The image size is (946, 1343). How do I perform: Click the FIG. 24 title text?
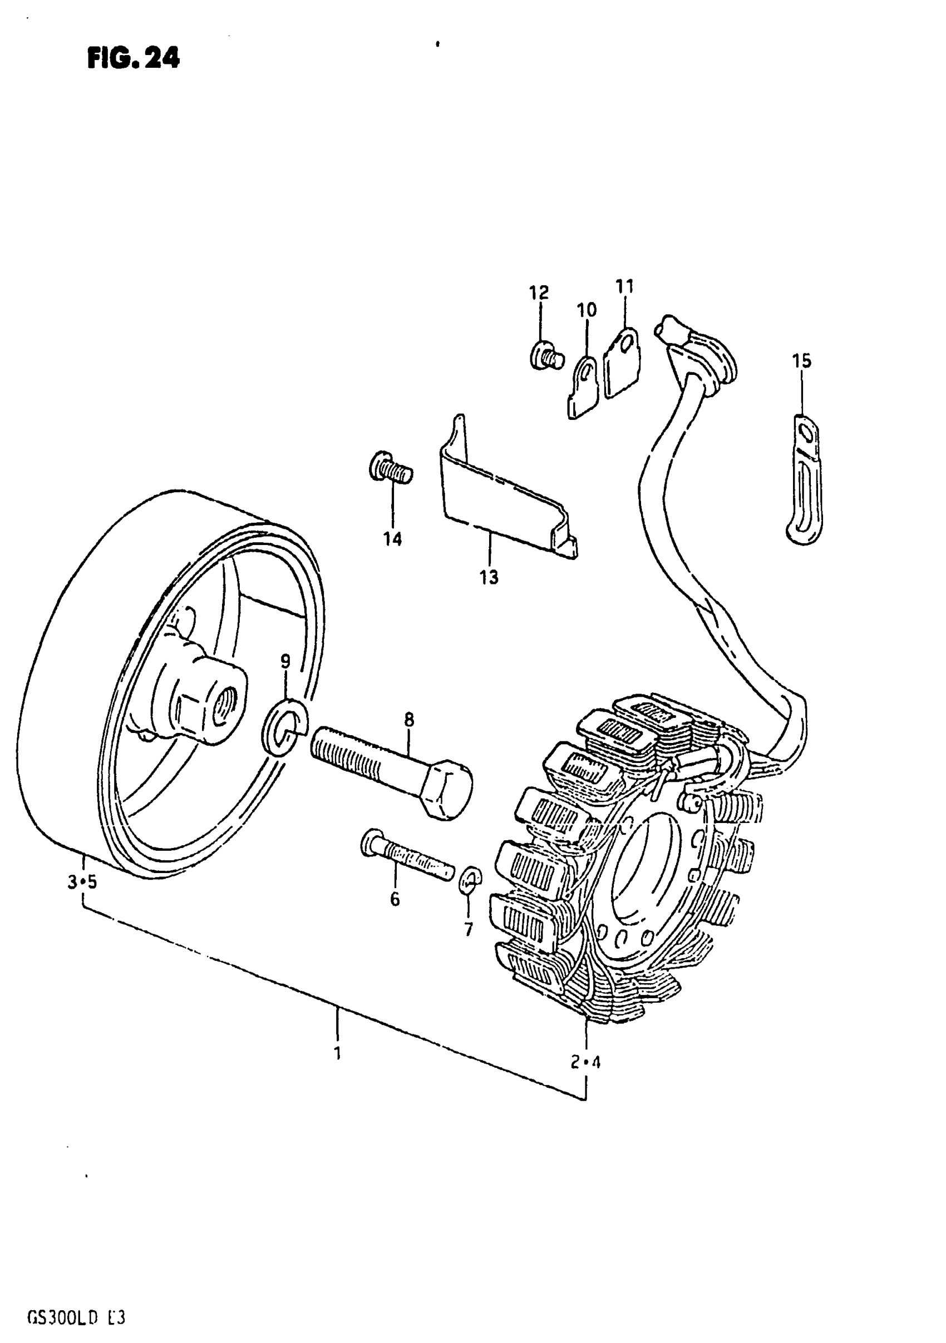[134, 58]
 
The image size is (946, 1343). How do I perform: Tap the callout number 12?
[539, 292]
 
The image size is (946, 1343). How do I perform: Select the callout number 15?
[802, 361]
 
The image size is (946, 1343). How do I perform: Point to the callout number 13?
[489, 577]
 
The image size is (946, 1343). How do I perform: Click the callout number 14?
[392, 539]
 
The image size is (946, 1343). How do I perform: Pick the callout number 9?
[285, 662]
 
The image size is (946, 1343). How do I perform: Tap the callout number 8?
[408, 720]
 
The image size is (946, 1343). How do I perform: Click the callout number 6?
[395, 899]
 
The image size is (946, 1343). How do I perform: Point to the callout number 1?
[337, 1053]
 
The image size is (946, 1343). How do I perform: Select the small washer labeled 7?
[470, 893]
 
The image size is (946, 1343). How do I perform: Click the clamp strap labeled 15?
[805, 479]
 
